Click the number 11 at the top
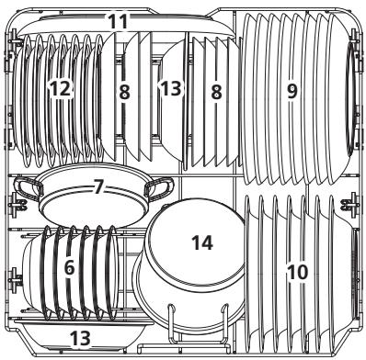(142, 19)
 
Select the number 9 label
(292, 92)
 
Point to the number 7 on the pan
(98, 186)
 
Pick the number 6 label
(69, 270)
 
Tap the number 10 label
(297, 272)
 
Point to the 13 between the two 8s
(171, 89)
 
